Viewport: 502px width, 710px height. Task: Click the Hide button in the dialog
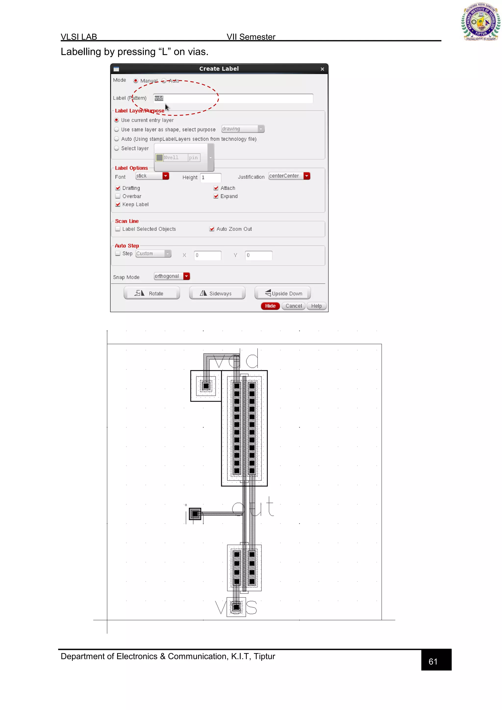(x=270, y=306)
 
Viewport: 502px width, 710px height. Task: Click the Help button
(x=316, y=306)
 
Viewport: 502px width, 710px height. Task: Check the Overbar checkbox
(x=118, y=196)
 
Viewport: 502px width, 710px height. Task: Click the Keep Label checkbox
(x=118, y=204)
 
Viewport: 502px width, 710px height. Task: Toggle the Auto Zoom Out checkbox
(x=212, y=229)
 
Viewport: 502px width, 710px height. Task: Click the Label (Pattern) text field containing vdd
(x=233, y=98)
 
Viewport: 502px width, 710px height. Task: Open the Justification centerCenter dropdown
(x=306, y=176)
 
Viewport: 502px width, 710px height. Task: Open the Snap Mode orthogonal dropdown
(x=186, y=276)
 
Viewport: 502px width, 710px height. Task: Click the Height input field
(x=211, y=177)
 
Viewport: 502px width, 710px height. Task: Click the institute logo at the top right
(x=480, y=22)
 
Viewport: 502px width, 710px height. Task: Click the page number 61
(x=433, y=661)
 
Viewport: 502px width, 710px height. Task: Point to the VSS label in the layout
(x=236, y=607)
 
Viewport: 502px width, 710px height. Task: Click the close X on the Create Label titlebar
(x=322, y=69)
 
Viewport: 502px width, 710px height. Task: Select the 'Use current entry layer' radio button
(x=116, y=120)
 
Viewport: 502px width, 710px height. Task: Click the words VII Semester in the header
(x=251, y=37)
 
